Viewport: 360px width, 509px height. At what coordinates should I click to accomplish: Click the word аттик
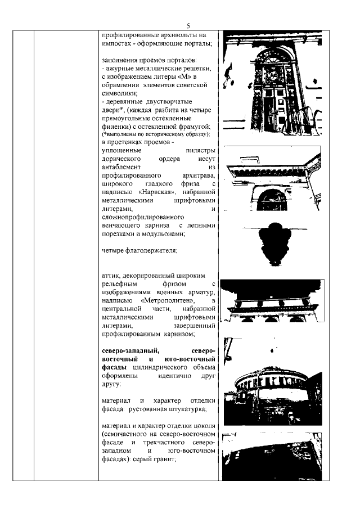(x=110, y=277)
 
